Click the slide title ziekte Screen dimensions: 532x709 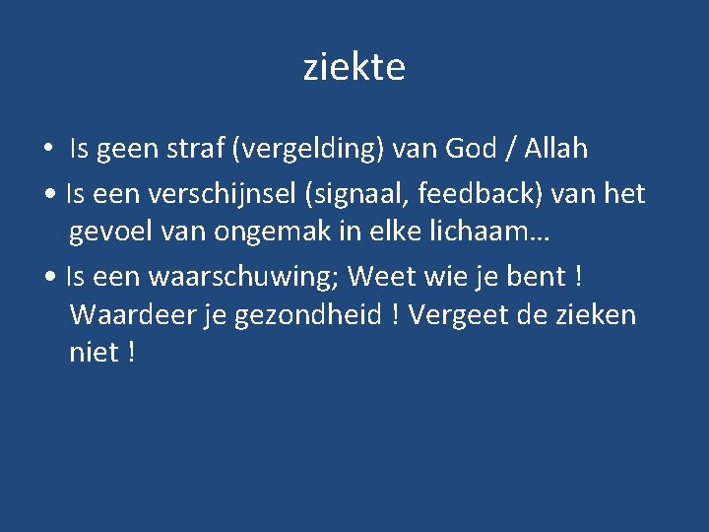click(x=354, y=68)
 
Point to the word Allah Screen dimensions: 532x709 click(x=555, y=149)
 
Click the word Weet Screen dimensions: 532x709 click(x=379, y=276)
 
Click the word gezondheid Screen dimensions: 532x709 click(x=310, y=316)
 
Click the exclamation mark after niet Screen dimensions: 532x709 click(x=131, y=353)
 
